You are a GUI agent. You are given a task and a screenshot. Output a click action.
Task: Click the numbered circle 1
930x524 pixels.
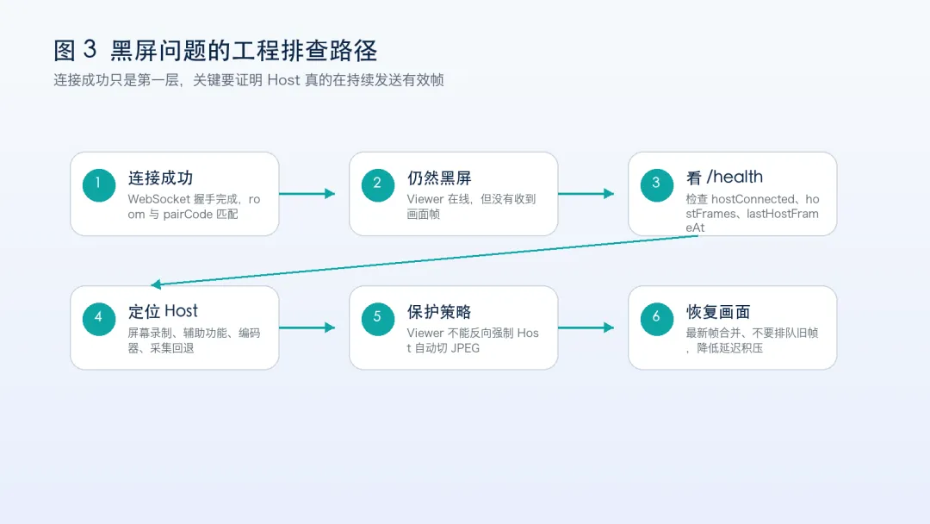pyautogui.click(x=99, y=185)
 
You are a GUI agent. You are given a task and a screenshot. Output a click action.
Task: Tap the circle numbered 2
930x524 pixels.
pyautogui.click(x=378, y=185)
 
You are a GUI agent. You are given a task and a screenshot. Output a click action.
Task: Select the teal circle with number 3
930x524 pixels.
pyautogui.click(x=656, y=185)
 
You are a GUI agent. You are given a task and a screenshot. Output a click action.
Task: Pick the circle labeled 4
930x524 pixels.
pyautogui.click(x=99, y=319)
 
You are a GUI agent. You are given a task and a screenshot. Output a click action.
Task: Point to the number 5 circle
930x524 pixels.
pyautogui.click(x=378, y=319)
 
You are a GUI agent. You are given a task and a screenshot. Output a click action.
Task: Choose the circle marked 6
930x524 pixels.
pyautogui.click(x=656, y=319)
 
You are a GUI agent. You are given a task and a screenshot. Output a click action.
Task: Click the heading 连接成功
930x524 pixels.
pyautogui.click(x=160, y=178)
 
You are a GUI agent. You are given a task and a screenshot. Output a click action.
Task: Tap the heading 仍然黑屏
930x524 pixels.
pyautogui.click(x=439, y=178)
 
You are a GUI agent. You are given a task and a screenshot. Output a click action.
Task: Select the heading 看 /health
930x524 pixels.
pyautogui.click(x=724, y=177)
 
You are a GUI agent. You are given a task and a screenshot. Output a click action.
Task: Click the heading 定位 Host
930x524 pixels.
pyautogui.click(x=163, y=311)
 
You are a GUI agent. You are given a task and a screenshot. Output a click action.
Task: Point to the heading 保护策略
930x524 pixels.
pyautogui.click(x=439, y=312)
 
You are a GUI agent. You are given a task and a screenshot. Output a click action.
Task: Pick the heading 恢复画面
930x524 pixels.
pyautogui.click(x=718, y=312)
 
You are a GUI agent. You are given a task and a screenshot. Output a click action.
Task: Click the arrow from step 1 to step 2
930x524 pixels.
pyautogui.click(x=307, y=193)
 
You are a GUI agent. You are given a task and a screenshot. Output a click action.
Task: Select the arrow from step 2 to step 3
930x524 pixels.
pyautogui.click(x=586, y=193)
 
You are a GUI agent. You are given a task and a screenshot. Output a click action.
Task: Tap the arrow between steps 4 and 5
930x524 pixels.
pyautogui.click(x=307, y=327)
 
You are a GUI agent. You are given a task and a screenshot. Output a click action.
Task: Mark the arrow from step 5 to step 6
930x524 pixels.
pyautogui.click(x=586, y=327)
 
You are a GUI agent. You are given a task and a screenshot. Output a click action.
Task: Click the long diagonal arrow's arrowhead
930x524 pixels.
pyautogui.click(x=156, y=284)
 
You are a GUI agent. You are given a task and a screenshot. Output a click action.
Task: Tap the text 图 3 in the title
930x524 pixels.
pyautogui.click(x=75, y=51)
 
